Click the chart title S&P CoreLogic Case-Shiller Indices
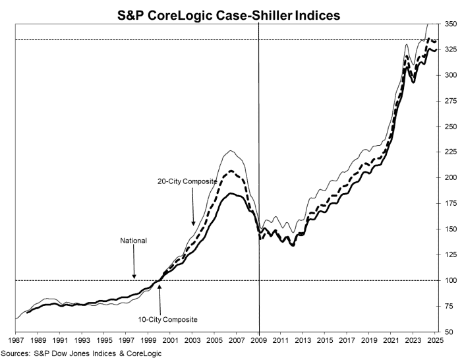(229, 15)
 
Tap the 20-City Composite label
(187, 181)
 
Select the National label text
(133, 241)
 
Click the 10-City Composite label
(167, 319)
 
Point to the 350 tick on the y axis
(451, 24)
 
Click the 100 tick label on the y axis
(451, 280)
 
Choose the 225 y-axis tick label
(451, 152)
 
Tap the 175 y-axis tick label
(451, 203)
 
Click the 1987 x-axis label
(16, 340)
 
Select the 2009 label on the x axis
(259, 340)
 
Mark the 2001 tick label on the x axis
(170, 340)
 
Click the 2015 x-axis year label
(325, 340)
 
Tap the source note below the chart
(81, 353)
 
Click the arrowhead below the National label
(134, 276)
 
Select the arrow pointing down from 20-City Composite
(192, 206)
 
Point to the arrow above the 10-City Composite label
(160, 299)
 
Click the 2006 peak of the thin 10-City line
(231, 151)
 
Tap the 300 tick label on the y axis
(451, 75)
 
